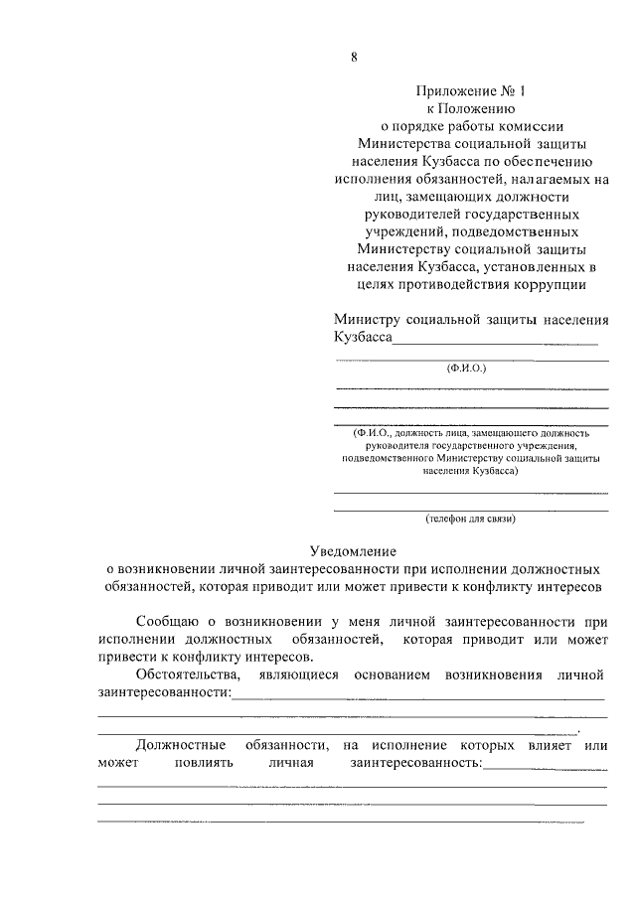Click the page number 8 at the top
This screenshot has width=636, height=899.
(x=354, y=57)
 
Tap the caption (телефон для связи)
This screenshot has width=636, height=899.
(x=471, y=519)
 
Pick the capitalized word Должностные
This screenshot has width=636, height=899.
(x=180, y=744)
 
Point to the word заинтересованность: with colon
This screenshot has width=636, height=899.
(x=414, y=763)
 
